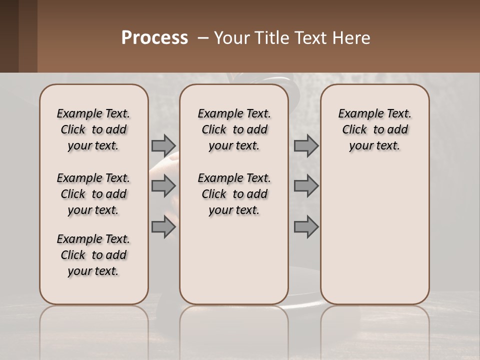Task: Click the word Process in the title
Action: (154, 38)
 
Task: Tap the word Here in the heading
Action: (352, 38)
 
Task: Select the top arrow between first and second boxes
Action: (163, 145)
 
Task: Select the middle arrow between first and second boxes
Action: (163, 186)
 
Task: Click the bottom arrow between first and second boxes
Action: (163, 227)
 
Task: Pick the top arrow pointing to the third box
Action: (305, 145)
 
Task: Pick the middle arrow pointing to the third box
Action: (305, 186)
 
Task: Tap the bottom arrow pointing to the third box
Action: (305, 227)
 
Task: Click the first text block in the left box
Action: (93, 129)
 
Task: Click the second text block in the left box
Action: (93, 194)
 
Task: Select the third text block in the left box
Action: (93, 255)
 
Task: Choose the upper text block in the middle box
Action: (234, 129)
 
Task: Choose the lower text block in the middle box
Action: (234, 194)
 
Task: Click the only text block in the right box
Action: (374, 129)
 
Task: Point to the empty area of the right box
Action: (374, 230)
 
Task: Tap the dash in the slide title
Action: (203, 38)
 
